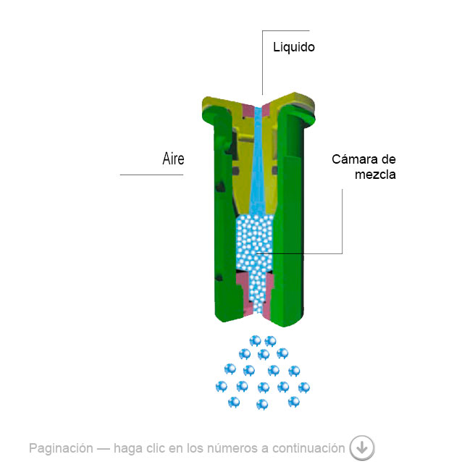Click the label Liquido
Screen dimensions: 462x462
click(x=294, y=48)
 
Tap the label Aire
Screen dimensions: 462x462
click(x=173, y=159)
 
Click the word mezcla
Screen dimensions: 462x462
click(x=375, y=175)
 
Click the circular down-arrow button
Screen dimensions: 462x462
click(x=362, y=448)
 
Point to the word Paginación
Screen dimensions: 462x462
click(x=61, y=448)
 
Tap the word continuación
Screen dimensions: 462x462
click(x=308, y=448)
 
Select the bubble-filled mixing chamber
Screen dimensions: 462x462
click(x=255, y=242)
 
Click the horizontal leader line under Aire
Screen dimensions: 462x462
click(x=151, y=175)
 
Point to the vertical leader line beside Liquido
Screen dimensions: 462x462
click(x=262, y=62)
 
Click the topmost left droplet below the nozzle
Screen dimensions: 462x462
click(x=255, y=341)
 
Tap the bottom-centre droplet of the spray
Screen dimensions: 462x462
click(x=262, y=404)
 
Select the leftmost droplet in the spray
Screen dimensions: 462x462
click(x=222, y=387)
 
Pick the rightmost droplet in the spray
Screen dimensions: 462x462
click(x=304, y=387)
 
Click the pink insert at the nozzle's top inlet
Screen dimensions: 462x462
click(x=257, y=112)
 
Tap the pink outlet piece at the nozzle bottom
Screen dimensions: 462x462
click(x=255, y=295)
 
